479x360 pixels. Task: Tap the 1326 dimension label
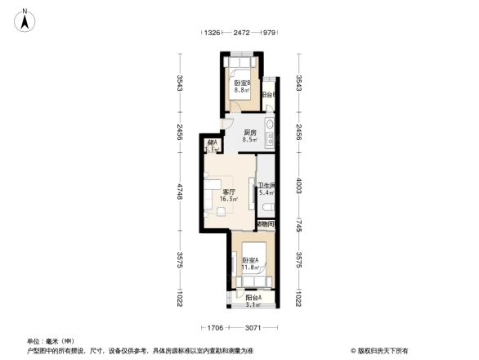212,33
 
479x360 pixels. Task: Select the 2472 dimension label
241,33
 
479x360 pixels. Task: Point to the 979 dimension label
268,33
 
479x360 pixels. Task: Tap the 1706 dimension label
214,328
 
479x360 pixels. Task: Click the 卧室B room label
241,83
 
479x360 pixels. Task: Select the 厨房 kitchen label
251,133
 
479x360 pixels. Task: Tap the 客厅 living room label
230,193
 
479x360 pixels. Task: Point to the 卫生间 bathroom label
266,187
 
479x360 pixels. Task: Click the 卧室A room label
250,262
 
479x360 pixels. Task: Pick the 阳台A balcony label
253,299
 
